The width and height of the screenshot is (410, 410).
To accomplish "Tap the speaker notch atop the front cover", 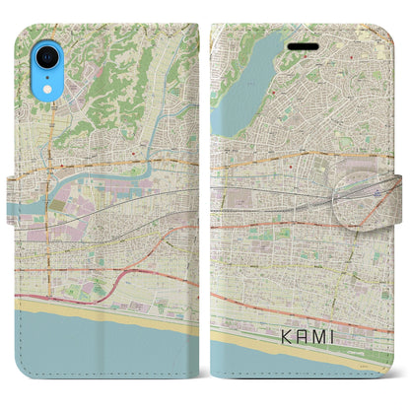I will pos(296,43).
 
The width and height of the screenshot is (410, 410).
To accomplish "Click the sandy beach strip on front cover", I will pos(286,345).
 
